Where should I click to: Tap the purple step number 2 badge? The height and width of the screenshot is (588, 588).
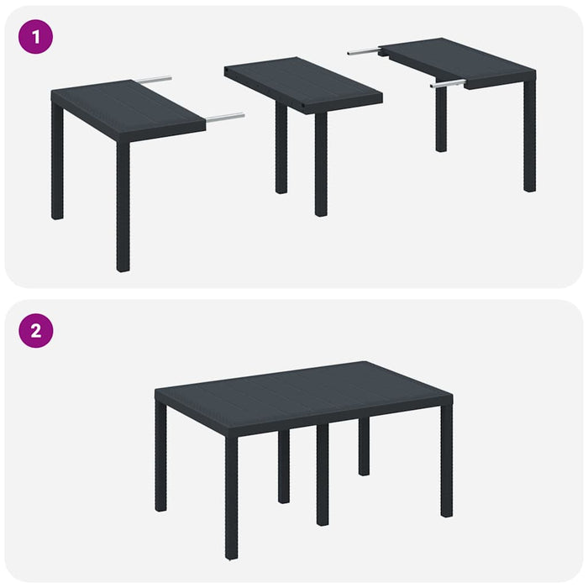click(35, 330)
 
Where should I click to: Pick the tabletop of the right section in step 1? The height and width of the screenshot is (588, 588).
click(458, 59)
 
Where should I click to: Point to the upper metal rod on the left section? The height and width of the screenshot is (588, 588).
click(153, 81)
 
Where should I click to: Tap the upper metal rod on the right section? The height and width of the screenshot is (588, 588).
click(363, 52)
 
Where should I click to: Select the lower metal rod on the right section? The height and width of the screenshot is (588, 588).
click(448, 84)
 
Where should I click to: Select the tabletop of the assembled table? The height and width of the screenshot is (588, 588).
click(302, 391)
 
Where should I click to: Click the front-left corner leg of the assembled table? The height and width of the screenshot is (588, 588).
click(231, 496)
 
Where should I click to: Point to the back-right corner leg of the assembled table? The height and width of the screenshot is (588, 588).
click(363, 445)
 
